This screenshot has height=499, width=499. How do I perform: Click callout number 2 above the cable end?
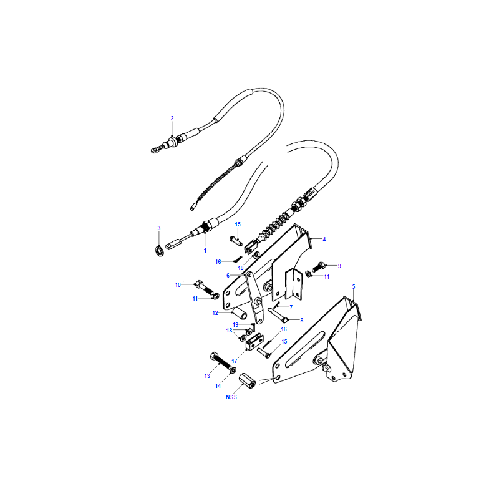(x=172, y=119)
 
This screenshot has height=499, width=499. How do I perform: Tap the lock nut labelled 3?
(x=160, y=251)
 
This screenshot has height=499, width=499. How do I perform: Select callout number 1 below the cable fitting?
(x=205, y=251)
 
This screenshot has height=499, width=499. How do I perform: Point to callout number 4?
(x=324, y=240)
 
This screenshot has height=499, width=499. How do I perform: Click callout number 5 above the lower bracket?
(x=354, y=287)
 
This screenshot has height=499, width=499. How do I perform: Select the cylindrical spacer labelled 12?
(x=240, y=314)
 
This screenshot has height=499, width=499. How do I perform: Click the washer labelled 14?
(x=233, y=369)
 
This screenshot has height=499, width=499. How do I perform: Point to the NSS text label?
(x=231, y=397)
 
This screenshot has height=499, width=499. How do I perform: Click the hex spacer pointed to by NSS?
(x=248, y=380)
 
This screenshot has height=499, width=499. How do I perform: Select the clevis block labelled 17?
(x=254, y=342)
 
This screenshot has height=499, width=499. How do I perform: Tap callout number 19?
(x=236, y=325)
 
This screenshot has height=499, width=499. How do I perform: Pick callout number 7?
(x=291, y=307)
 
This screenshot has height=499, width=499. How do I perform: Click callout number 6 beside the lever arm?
(x=228, y=275)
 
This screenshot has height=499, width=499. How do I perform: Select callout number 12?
(x=215, y=313)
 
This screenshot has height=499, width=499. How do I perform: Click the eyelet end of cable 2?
(x=155, y=149)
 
